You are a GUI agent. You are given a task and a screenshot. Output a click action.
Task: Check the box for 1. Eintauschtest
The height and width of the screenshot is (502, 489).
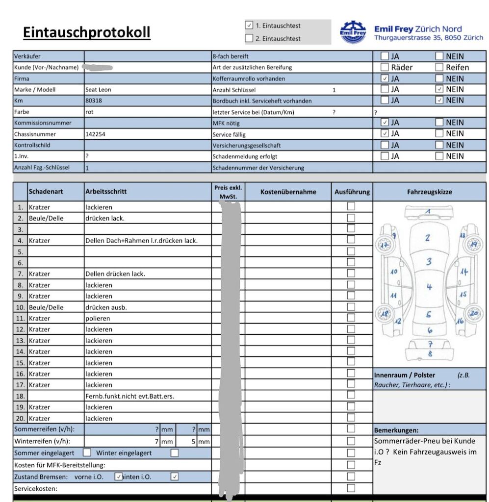pos(249,25)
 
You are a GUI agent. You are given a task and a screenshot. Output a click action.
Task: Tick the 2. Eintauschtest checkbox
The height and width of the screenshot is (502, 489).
pos(249,38)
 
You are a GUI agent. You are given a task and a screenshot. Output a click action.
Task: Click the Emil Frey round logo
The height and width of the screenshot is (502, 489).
pos(353,32)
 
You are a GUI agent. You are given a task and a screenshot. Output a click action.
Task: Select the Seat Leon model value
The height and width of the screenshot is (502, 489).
pos(98,90)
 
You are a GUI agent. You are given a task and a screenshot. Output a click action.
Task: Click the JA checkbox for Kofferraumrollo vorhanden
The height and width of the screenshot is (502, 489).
pos(385,78)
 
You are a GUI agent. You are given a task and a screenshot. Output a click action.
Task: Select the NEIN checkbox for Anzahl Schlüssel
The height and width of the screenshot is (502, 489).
pos(439,89)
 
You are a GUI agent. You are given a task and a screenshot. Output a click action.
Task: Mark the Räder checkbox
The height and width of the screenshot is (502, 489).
pos(385,67)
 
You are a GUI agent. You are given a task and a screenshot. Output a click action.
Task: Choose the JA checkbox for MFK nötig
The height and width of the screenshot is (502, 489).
pos(385,123)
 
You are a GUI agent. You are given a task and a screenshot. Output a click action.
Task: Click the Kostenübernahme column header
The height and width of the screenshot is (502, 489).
pos(288,192)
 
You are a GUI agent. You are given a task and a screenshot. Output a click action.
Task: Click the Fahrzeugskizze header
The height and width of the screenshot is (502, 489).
pos(429,192)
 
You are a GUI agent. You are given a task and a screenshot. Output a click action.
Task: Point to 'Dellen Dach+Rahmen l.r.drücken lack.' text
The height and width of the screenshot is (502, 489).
pos(141,241)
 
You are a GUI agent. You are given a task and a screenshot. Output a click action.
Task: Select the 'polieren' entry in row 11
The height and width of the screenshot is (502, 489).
pos(98,318)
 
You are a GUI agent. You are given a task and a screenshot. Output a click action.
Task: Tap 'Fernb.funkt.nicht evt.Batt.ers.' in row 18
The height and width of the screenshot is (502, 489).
pos(129,396)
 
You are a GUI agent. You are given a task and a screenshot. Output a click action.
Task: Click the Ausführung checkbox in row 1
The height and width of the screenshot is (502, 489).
pos(351,206)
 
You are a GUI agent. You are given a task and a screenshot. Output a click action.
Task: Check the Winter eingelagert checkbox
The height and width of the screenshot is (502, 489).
pos(175,453)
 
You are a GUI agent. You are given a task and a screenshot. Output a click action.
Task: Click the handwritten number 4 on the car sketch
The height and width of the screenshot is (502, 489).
pos(429,287)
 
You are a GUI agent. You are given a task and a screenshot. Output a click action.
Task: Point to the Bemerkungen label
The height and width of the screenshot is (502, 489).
pos(396,430)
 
